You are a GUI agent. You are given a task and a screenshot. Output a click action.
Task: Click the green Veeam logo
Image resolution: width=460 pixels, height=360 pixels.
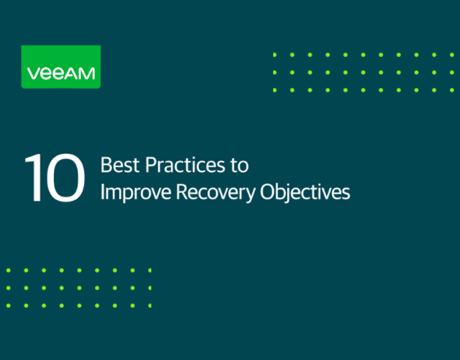pyautogui.click(x=61, y=67)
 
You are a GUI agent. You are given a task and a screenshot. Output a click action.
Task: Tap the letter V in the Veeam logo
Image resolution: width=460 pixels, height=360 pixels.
pyautogui.click(x=33, y=73)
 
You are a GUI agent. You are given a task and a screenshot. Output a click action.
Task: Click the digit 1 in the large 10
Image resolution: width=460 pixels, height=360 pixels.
pyautogui.click(x=33, y=178)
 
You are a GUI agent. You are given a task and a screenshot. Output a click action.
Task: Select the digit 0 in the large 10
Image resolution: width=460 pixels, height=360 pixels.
pyautogui.click(x=65, y=178)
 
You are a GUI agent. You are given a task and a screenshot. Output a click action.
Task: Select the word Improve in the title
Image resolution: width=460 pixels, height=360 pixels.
pyautogui.click(x=133, y=192)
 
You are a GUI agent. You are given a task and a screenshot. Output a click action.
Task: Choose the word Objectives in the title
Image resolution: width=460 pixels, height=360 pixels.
pyautogui.click(x=305, y=192)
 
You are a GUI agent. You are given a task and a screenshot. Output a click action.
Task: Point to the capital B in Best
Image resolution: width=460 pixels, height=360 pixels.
pyautogui.click(x=106, y=164)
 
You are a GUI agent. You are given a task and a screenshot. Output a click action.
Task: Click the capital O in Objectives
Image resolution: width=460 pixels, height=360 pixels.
pyautogui.click(x=268, y=192)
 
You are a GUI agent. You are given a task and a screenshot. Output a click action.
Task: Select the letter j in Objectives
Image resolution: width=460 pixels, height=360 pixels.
pyautogui.click(x=291, y=193)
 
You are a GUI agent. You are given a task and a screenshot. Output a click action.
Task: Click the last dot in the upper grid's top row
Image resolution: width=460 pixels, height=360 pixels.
pyautogui.click(x=452, y=55)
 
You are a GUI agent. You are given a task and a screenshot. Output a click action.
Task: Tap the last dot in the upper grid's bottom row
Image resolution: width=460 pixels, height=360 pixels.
pyautogui.click(x=452, y=90)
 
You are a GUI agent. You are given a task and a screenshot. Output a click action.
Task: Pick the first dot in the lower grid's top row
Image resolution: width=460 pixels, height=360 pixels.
pyautogui.click(x=8, y=270)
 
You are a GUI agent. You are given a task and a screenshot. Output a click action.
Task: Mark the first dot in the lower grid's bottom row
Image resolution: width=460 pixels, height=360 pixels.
pyautogui.click(x=8, y=305)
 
